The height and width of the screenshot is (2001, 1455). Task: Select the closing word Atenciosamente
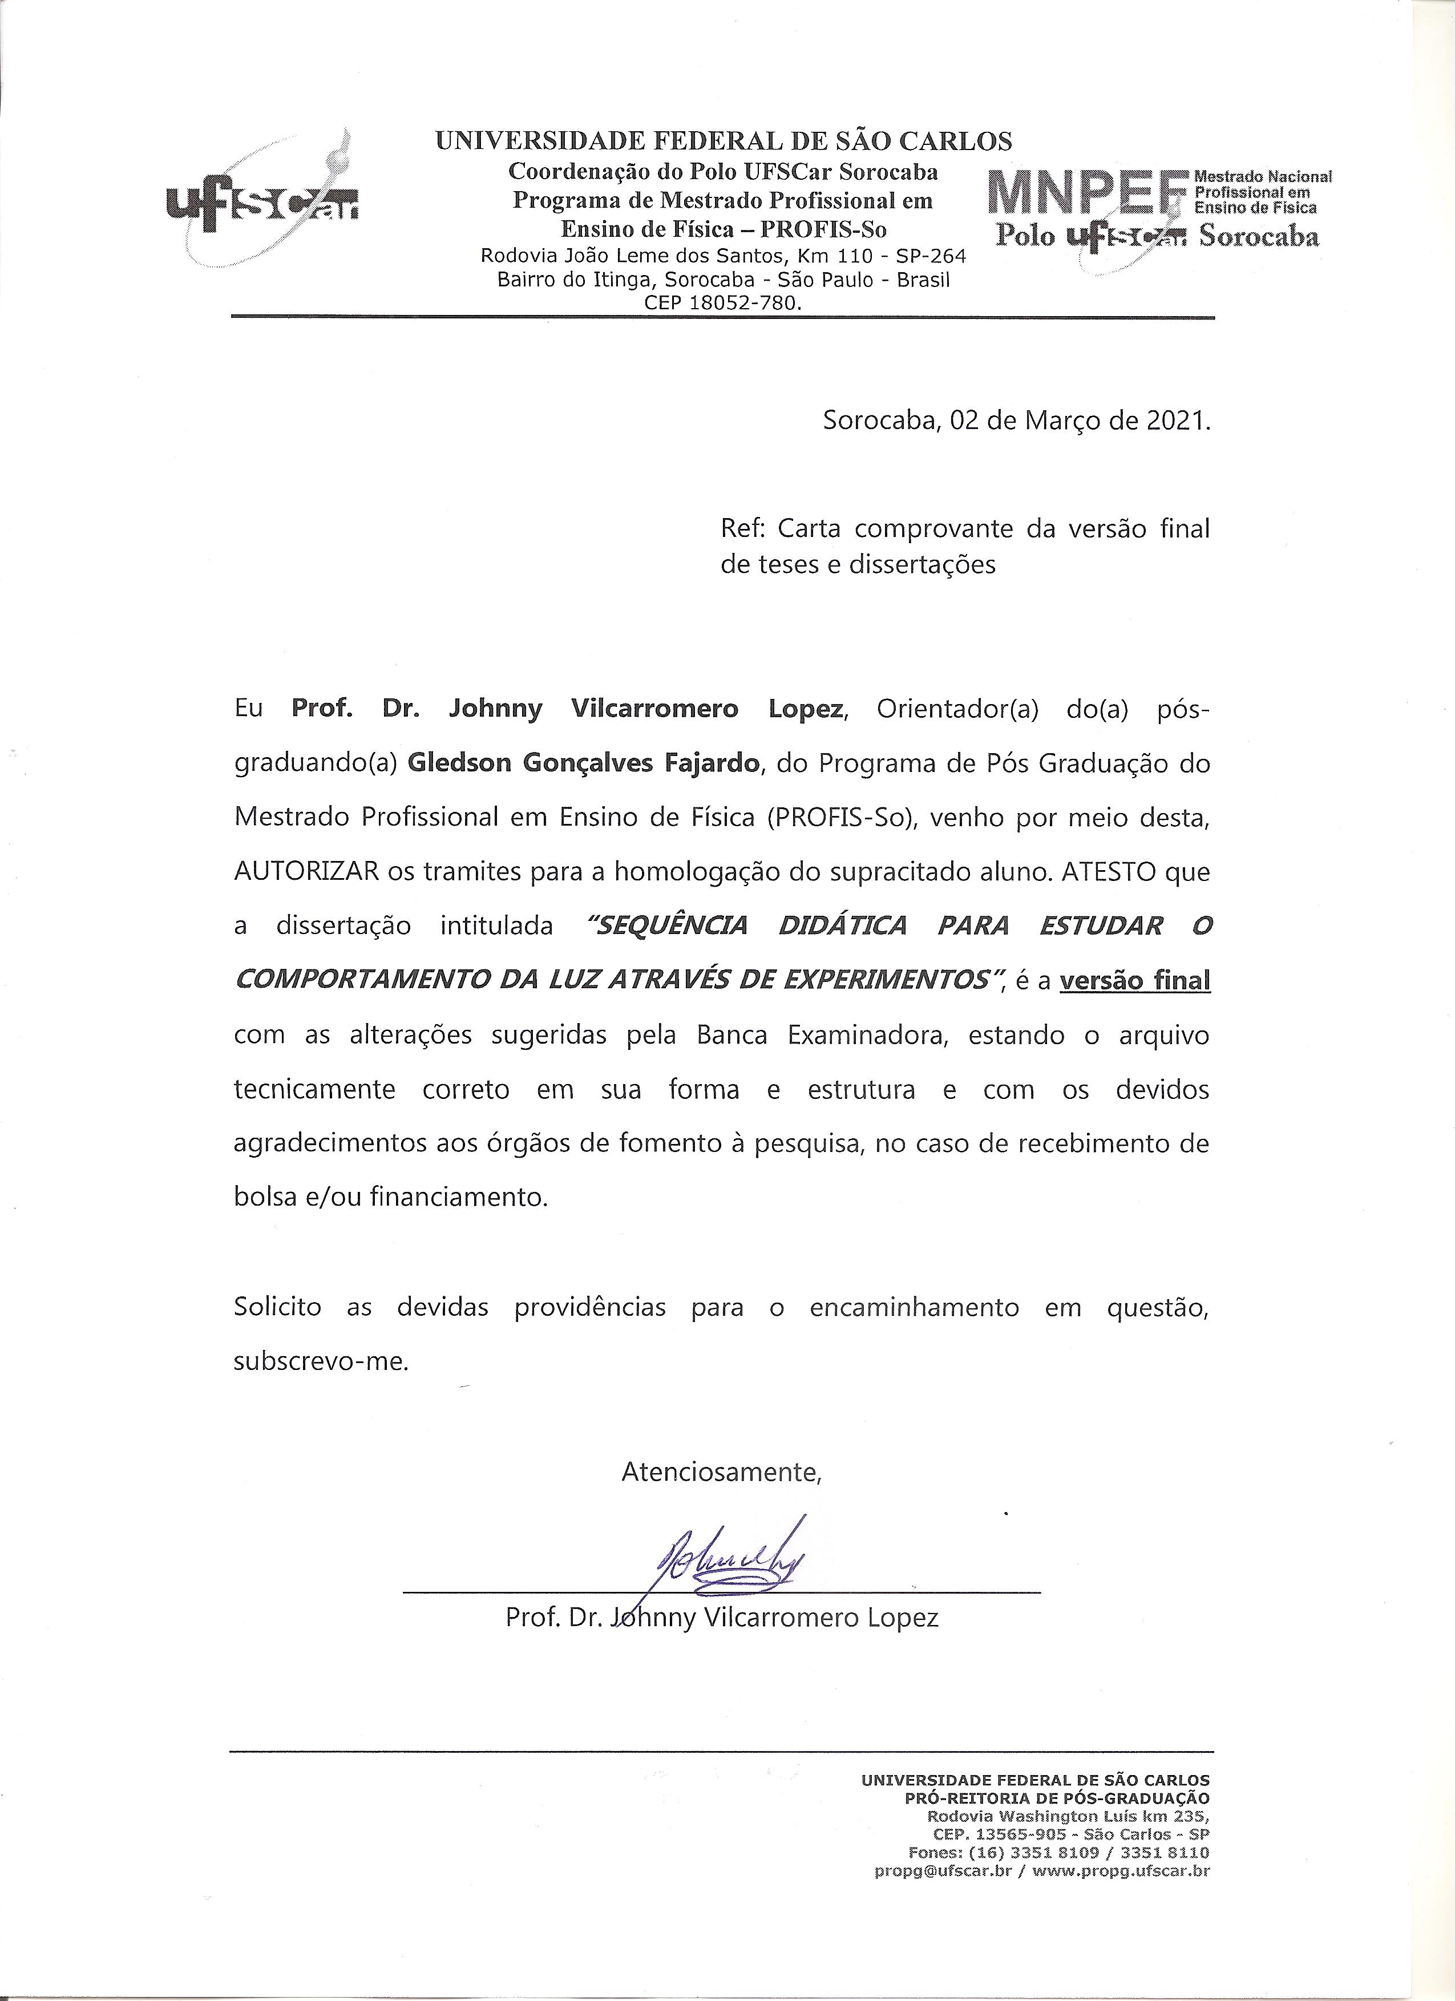722,1471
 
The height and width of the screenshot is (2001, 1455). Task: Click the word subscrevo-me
321,1361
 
